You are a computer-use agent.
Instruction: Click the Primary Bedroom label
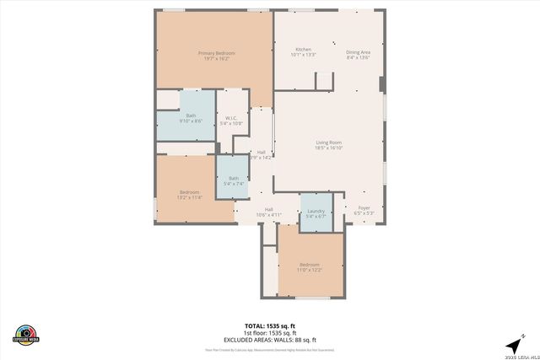coord(217,53)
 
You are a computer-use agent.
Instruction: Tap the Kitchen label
coord(303,50)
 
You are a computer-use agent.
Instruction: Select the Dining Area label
coord(359,52)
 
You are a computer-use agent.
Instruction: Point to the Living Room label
coord(328,143)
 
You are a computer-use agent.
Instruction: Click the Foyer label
coord(364,207)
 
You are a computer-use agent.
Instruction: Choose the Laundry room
coord(316,211)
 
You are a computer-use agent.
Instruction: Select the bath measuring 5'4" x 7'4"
coord(234,178)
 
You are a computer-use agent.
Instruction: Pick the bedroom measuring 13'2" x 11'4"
coord(190,194)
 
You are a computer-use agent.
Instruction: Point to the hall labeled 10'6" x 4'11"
coord(269,212)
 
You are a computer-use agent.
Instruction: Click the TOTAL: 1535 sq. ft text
coord(269,325)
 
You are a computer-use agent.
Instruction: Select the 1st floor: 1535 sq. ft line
coord(269,332)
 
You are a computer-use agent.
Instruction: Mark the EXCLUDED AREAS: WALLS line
coord(269,339)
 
